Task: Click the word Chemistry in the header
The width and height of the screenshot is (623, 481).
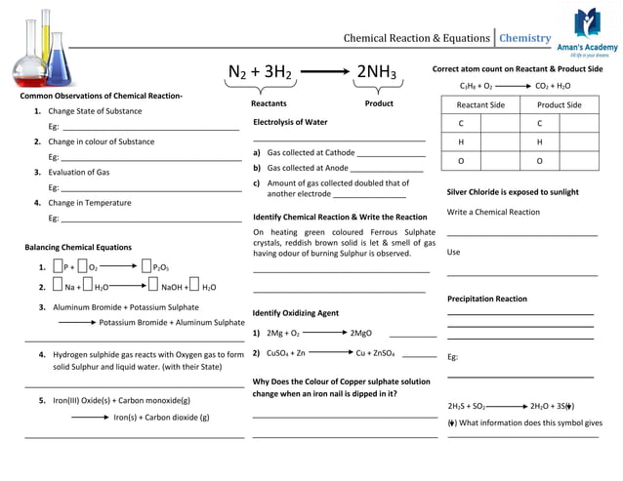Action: click(x=525, y=38)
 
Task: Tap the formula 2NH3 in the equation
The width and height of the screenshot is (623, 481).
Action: click(x=376, y=72)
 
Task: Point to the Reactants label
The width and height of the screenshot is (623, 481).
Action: click(x=269, y=103)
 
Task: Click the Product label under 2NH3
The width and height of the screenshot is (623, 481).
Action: click(x=379, y=103)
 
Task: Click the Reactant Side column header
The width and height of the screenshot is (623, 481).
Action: click(x=480, y=104)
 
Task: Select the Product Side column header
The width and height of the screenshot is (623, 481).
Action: click(x=560, y=104)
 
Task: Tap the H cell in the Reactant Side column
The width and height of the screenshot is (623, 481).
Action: click(x=461, y=141)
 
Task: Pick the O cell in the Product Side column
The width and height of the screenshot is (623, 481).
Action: click(x=539, y=160)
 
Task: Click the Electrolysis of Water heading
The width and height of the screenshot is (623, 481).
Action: click(x=290, y=122)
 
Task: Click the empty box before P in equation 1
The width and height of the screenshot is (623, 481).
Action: click(x=58, y=266)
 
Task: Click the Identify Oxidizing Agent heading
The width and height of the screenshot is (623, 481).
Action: click(x=296, y=313)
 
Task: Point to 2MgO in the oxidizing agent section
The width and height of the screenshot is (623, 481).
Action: click(x=360, y=333)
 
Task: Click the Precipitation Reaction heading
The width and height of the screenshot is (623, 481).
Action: click(x=486, y=299)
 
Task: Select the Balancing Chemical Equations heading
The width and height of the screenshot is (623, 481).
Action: click(x=78, y=247)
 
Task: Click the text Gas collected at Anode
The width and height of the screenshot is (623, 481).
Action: click(x=308, y=168)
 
